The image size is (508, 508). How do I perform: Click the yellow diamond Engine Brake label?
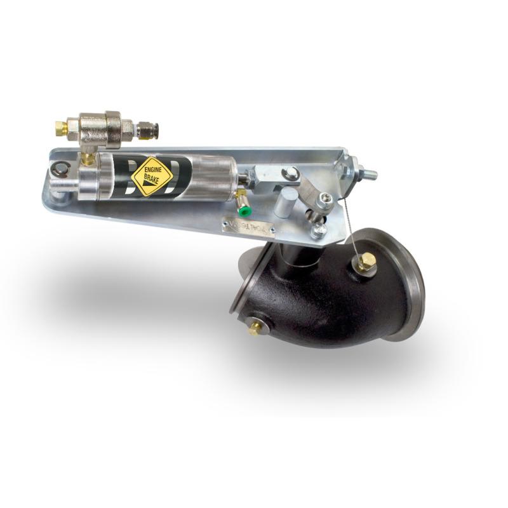[152, 175]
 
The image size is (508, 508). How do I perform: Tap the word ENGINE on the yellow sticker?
[152, 170]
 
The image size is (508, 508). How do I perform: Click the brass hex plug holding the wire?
[366, 262]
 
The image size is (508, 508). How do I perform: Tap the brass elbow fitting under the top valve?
[88, 156]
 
